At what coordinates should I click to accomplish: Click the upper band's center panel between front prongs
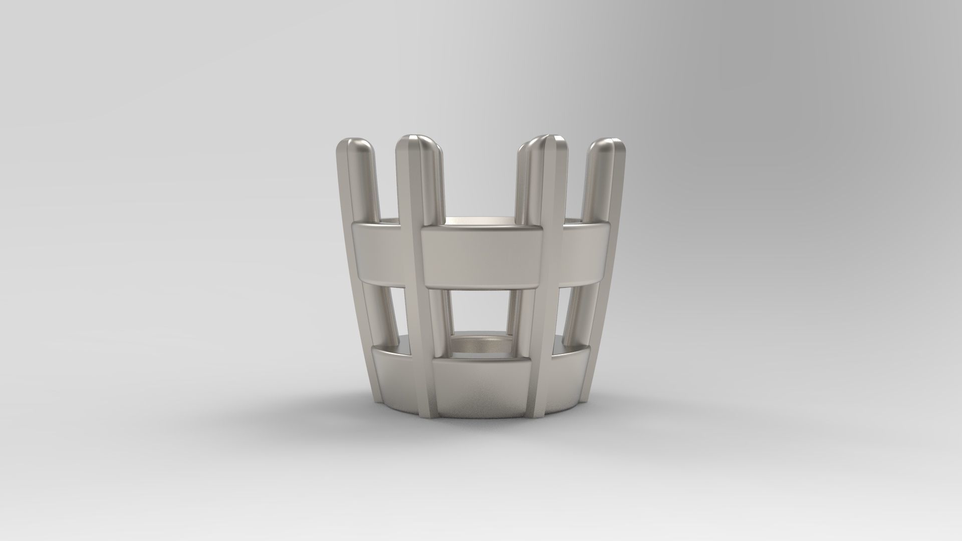[482, 256]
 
